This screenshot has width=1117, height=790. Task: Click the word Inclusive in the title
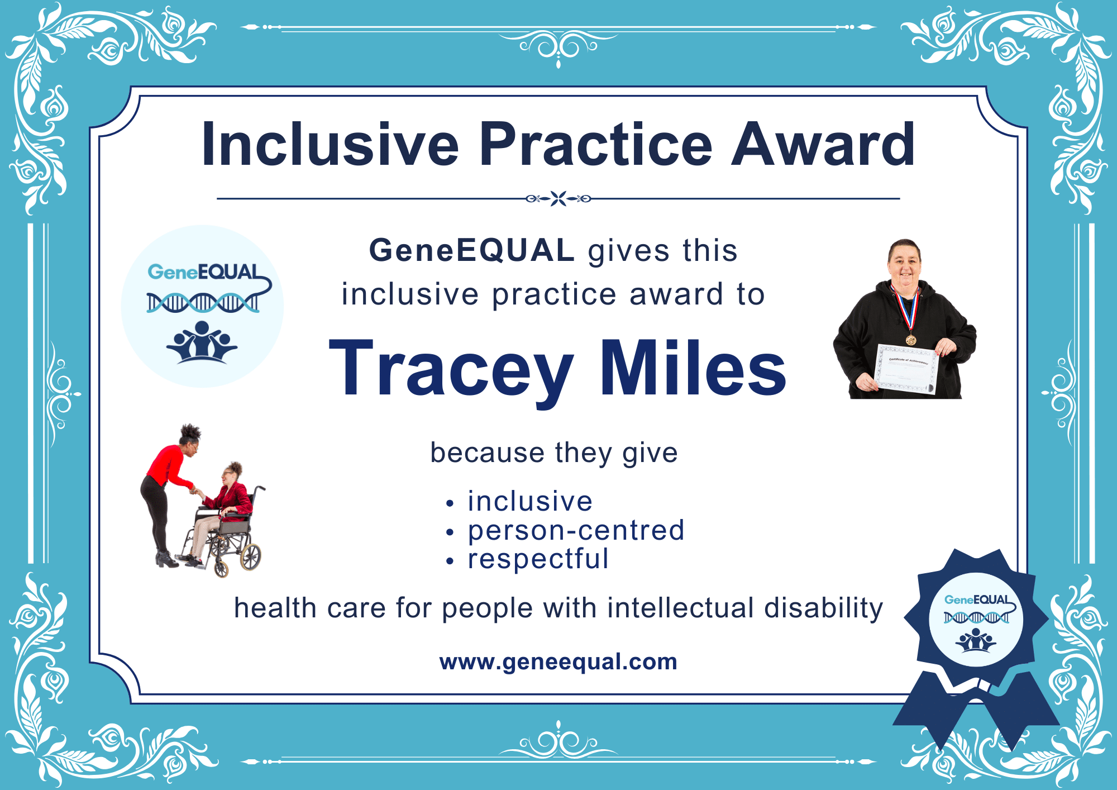pyautogui.click(x=330, y=145)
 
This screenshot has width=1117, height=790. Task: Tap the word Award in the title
pyautogui.click(x=823, y=145)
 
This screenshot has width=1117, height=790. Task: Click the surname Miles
pyautogui.click(x=693, y=370)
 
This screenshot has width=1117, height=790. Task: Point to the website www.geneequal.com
pyautogui.click(x=558, y=661)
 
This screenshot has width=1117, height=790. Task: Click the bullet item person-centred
pyautogui.click(x=576, y=530)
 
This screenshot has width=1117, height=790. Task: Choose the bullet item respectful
pyautogui.click(x=538, y=559)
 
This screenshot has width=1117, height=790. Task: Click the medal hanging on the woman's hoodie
pyautogui.click(x=911, y=339)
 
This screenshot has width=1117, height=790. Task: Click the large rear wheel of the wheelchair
pyautogui.click(x=250, y=555)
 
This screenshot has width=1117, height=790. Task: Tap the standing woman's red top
pyautogui.click(x=168, y=467)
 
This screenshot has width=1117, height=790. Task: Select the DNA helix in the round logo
pyautogui.click(x=202, y=302)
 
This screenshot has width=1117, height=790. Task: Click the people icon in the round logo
pyautogui.click(x=202, y=342)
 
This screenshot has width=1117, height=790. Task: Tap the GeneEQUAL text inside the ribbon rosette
pyautogui.click(x=976, y=599)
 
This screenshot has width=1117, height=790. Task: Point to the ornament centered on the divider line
pyautogui.click(x=558, y=198)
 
